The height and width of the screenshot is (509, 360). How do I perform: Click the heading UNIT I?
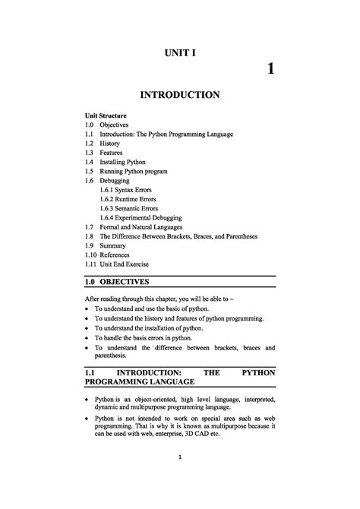tap(180, 53)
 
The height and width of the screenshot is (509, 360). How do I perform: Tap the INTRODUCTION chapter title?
tap(180, 95)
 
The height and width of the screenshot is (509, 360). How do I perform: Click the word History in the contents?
tap(111, 143)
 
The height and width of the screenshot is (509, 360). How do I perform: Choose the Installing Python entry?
tap(122, 162)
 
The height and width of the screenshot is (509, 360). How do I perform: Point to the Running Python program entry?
tap(134, 171)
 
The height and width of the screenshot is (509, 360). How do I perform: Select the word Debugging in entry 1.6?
tap(116, 181)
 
